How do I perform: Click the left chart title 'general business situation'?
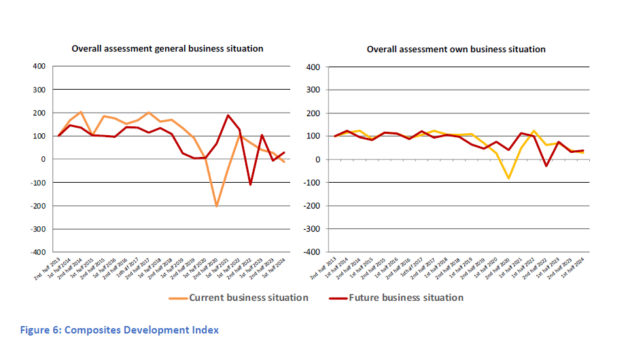tap(168, 48)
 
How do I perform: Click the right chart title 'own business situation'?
tap(456, 49)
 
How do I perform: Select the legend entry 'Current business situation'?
tap(248, 298)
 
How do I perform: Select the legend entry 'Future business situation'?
tap(406, 298)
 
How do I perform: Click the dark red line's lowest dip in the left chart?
tap(251, 184)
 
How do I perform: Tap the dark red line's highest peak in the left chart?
tap(228, 115)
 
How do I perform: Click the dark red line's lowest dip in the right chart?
tap(546, 166)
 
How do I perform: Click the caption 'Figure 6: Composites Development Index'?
tap(120, 331)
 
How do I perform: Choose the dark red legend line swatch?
tap(335, 298)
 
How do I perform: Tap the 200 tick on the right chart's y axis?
tap(313, 113)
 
